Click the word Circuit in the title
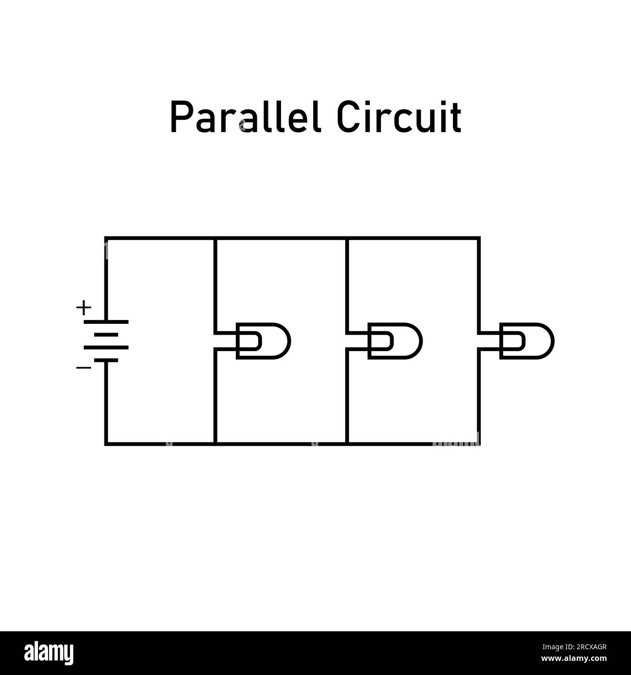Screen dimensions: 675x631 pyautogui.click(x=399, y=118)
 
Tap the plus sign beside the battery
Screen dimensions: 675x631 pyautogui.click(x=83, y=307)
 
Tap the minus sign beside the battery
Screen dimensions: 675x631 pyautogui.click(x=83, y=368)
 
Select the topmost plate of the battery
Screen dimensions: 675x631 pyautogui.click(x=106, y=321)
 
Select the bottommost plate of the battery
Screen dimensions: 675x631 pyautogui.click(x=106, y=360)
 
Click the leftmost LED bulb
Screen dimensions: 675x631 pyautogui.click(x=263, y=341)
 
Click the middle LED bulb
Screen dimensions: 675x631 pyautogui.click(x=395, y=341)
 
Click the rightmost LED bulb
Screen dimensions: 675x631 pyautogui.click(x=527, y=341)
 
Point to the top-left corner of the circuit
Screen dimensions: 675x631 pyautogui.click(x=105, y=238)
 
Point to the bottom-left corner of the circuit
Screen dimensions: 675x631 pyautogui.click(x=105, y=444)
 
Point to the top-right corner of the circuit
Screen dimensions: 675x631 pyautogui.click(x=479, y=238)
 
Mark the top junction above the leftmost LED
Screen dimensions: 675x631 pyautogui.click(x=215, y=238)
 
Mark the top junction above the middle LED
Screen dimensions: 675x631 pyautogui.click(x=347, y=238)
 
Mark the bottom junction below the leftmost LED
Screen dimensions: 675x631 pyautogui.click(x=215, y=444)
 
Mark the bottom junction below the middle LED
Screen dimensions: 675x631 pyautogui.click(x=347, y=444)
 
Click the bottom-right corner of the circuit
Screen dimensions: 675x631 pyautogui.click(x=479, y=444)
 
